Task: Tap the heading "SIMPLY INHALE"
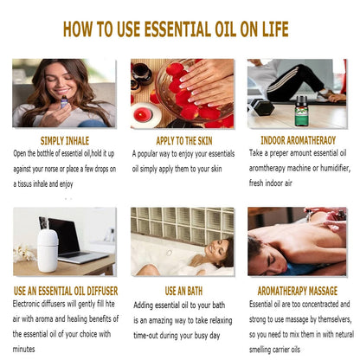(x=65, y=139)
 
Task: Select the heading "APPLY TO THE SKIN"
(x=182, y=139)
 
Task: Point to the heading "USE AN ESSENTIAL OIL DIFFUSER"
(x=66, y=291)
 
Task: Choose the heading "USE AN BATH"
(x=182, y=291)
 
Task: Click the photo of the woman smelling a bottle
(x=64, y=93)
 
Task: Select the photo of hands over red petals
(x=182, y=93)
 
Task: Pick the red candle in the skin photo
(x=142, y=114)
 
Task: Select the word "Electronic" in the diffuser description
(x=31, y=304)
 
